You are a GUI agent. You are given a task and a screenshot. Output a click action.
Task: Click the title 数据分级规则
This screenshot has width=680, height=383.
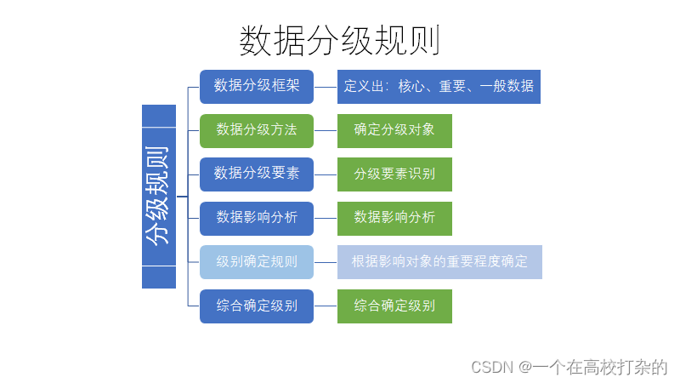click(x=340, y=40)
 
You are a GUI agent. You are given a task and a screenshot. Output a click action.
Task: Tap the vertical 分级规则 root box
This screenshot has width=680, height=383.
click(x=159, y=196)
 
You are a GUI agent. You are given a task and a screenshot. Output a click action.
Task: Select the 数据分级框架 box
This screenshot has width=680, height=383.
click(x=257, y=86)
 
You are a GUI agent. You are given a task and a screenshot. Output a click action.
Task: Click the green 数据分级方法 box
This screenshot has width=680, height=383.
click(x=257, y=130)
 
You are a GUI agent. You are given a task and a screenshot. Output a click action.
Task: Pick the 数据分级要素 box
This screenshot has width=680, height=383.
click(x=257, y=174)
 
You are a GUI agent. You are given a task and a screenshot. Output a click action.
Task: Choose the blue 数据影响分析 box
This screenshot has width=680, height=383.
click(x=257, y=218)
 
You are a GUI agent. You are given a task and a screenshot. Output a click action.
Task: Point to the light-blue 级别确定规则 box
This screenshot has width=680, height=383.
click(x=257, y=261)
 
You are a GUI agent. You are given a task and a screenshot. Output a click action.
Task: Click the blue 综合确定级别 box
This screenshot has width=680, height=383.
click(x=257, y=306)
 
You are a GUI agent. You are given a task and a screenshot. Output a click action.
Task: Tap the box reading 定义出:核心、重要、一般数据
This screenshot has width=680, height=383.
click(x=439, y=86)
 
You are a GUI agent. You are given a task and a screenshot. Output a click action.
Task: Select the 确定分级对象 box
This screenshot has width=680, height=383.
click(x=394, y=130)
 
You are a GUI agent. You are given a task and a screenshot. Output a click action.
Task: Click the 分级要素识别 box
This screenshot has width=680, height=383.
click(x=394, y=174)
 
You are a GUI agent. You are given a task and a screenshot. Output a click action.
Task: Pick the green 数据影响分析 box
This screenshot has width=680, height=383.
click(x=394, y=218)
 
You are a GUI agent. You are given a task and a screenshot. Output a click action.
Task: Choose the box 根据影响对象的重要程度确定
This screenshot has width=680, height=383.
click(x=439, y=261)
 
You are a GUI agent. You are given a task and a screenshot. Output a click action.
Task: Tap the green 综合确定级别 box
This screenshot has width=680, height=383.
click(x=394, y=306)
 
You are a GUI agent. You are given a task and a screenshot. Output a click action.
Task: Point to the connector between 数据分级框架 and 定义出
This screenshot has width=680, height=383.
click(x=326, y=86)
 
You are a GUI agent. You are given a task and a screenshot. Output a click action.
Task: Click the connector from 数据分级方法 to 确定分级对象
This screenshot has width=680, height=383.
click(x=326, y=130)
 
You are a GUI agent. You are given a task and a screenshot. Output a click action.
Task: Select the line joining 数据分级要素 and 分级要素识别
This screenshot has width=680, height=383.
click(x=326, y=174)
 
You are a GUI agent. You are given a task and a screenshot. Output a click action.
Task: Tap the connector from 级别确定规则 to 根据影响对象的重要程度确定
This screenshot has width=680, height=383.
click(x=326, y=261)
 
